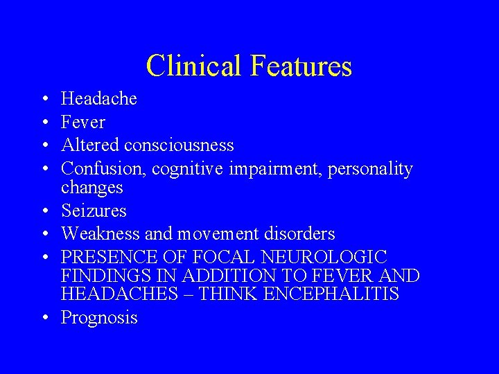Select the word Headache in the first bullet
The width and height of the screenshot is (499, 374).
tap(99, 99)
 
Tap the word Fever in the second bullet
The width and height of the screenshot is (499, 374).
tap(83, 123)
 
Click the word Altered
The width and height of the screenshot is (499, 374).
tap(90, 145)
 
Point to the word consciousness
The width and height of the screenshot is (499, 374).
tap(179, 145)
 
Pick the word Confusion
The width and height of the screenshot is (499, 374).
tap(104, 169)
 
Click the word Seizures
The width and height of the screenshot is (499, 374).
tap(94, 211)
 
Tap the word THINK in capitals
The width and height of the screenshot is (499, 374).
tap(223, 294)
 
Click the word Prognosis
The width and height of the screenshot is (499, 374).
tap(99, 318)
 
